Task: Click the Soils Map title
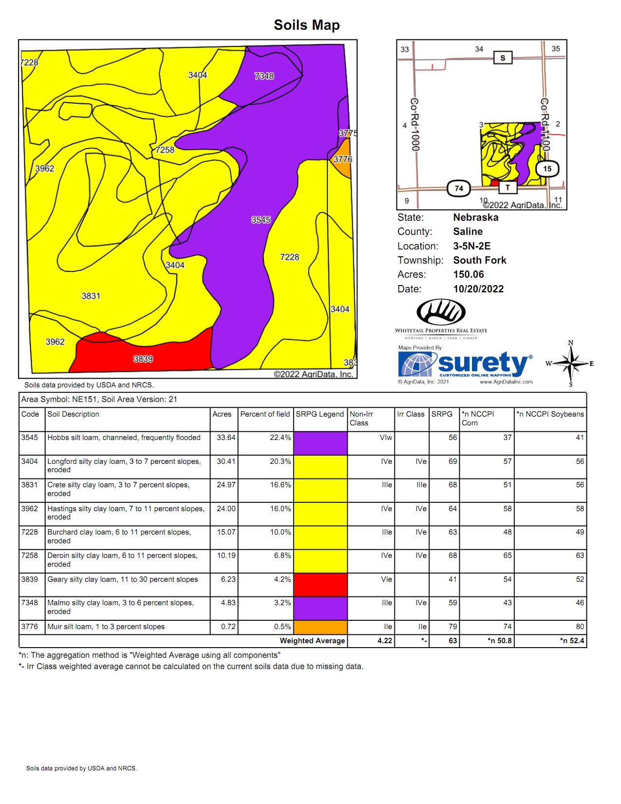(306, 25)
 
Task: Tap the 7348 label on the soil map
(264, 76)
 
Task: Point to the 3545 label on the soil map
(261, 220)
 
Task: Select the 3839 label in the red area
(143, 359)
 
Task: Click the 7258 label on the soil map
(165, 150)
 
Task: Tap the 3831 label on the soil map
(91, 296)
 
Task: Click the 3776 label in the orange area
(342, 159)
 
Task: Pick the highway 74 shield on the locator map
(459, 189)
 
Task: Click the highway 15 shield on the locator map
(547, 169)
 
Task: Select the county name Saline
(468, 231)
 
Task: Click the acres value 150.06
(468, 274)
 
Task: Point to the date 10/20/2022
(478, 289)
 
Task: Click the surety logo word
(482, 363)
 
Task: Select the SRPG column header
(442, 414)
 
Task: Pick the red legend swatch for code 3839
(320, 584)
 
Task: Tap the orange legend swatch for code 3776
(320, 627)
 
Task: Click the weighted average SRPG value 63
(452, 641)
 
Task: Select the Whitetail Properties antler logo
(441, 312)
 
